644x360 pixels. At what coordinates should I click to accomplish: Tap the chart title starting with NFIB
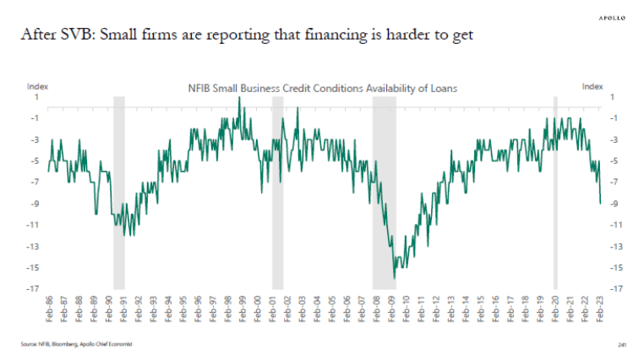click(321, 86)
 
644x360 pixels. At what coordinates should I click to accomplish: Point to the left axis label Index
click(38, 85)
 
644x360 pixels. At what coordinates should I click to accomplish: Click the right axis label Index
click(592, 85)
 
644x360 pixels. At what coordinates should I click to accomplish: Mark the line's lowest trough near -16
click(395, 277)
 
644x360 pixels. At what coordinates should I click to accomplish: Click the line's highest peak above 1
click(239, 97)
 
